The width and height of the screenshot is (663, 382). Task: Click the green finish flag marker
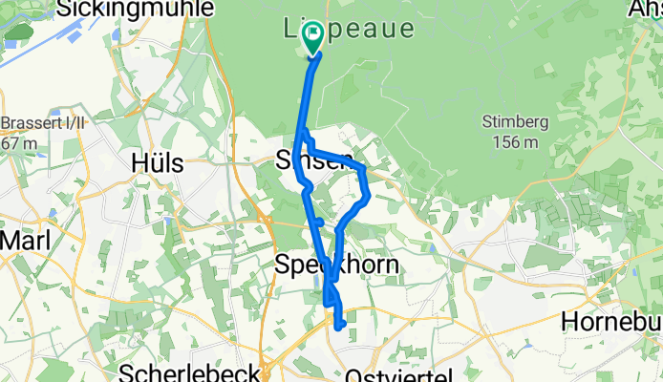point(312,38)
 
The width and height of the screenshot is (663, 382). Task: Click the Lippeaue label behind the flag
point(351,29)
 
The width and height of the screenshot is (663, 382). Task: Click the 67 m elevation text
point(21,142)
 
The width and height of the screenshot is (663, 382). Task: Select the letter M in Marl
point(6,241)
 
